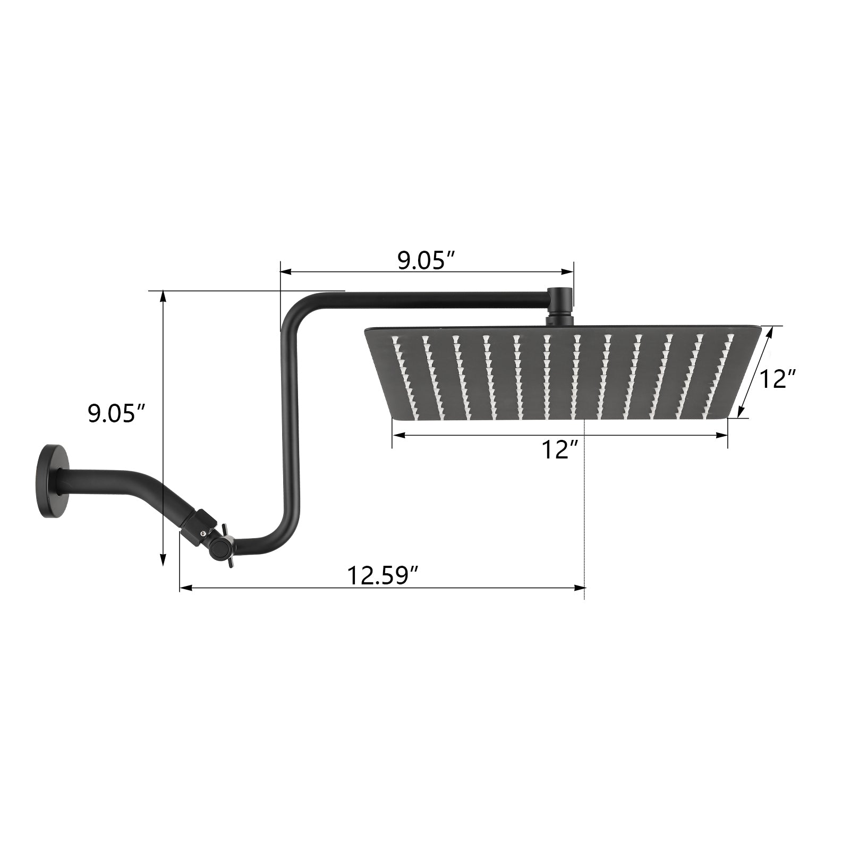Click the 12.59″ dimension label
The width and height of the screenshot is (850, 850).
click(x=383, y=575)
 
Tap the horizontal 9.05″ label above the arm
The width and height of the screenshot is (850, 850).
click(x=427, y=260)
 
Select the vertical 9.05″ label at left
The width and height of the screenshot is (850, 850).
click(x=117, y=413)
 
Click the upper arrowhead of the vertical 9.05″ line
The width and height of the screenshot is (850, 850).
click(x=164, y=297)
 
